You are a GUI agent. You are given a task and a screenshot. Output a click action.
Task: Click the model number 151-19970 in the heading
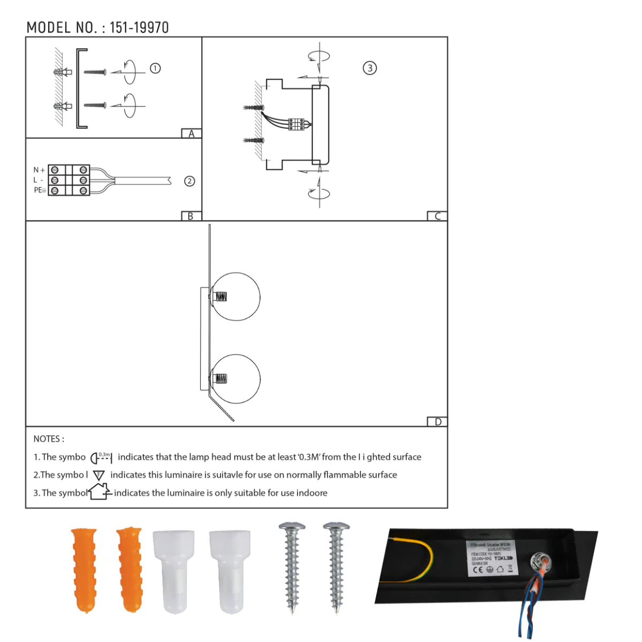(x=139, y=28)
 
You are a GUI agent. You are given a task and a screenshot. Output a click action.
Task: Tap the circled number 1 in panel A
(x=155, y=68)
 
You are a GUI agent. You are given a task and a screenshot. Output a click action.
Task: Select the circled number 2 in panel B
(x=189, y=181)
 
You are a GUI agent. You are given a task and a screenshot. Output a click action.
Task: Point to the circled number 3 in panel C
(x=370, y=68)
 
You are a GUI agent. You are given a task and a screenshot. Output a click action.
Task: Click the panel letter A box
(x=191, y=134)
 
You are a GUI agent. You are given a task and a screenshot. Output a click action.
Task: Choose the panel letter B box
(x=191, y=216)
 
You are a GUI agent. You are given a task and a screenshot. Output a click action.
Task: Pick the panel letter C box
(x=437, y=216)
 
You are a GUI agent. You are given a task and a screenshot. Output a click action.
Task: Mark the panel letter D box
(x=437, y=422)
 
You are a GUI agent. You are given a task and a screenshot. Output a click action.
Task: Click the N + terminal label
(x=39, y=170)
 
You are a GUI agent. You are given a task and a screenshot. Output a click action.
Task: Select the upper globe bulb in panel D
(x=235, y=297)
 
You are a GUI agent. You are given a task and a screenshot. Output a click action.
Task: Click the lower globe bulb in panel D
(x=235, y=379)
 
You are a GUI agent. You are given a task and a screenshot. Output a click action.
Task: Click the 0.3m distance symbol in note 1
(x=101, y=457)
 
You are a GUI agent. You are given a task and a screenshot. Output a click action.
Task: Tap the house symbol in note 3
(x=100, y=491)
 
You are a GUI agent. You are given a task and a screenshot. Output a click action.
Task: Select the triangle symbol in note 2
(x=99, y=475)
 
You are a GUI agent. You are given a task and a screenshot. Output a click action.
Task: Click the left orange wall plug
(x=85, y=569)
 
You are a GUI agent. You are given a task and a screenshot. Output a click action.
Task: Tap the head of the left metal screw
(x=292, y=527)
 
